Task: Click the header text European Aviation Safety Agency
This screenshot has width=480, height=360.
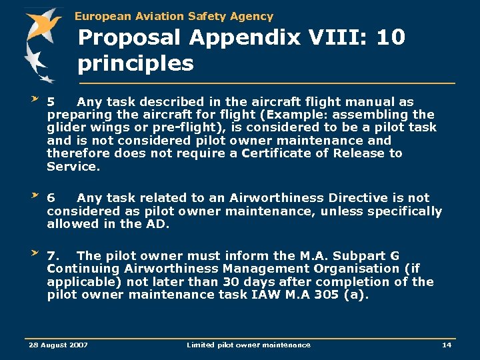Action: tap(174, 16)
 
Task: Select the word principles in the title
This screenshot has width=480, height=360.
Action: tap(135, 64)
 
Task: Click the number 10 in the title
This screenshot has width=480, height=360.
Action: tap(390, 38)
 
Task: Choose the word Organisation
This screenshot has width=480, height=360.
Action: tap(353, 269)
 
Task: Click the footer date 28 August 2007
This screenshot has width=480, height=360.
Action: tap(58, 345)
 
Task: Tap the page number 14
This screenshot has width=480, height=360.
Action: tap(447, 345)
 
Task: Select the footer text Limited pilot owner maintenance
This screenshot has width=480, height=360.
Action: tap(248, 345)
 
